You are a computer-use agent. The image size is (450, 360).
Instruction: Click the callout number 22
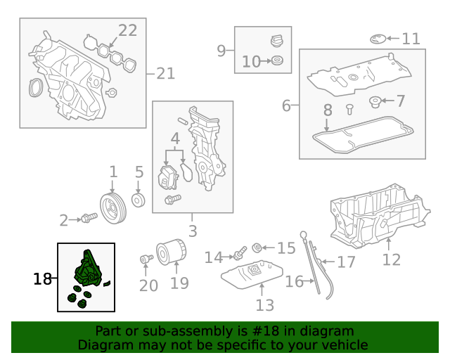click(127, 30)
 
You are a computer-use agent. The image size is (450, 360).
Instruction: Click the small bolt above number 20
click(146, 259)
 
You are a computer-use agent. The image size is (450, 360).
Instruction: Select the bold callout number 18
click(42, 279)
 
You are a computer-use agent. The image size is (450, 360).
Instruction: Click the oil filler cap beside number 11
click(378, 38)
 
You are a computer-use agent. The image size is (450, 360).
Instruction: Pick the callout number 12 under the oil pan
click(391, 259)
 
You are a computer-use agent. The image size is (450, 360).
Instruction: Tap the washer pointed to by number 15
click(257, 247)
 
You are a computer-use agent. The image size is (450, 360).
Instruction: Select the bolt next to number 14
click(239, 250)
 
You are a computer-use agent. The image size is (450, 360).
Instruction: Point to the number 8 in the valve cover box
click(327, 110)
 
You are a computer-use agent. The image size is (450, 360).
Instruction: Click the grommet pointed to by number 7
click(375, 103)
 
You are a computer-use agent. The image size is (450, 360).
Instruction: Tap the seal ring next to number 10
click(278, 62)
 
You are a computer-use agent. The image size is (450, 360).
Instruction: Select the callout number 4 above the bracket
click(175, 139)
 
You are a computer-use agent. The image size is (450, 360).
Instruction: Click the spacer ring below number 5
click(139, 201)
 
